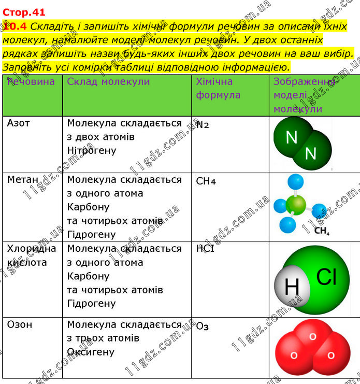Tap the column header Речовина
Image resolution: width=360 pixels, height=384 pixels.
(x=31, y=82)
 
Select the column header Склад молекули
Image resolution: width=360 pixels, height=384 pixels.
(x=108, y=82)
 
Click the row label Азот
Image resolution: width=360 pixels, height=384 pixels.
(x=19, y=123)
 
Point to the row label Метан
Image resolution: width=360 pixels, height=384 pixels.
(x=23, y=180)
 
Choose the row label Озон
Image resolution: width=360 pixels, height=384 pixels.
(x=20, y=324)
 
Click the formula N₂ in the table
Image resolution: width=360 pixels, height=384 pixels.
(x=203, y=124)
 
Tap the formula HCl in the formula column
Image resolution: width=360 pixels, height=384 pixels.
(x=205, y=249)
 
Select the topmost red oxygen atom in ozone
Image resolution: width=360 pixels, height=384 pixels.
(x=312, y=335)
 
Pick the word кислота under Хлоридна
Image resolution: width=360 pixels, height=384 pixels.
(x=27, y=263)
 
